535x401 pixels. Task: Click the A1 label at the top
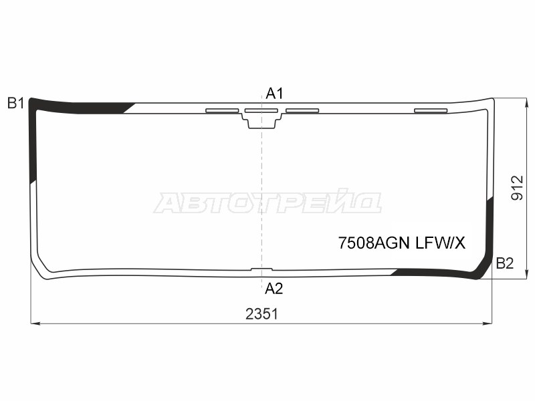(x=274, y=93)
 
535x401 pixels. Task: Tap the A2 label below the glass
(x=274, y=289)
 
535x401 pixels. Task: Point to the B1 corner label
(x=15, y=103)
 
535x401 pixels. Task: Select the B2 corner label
(x=504, y=263)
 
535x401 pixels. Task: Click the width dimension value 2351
(x=261, y=314)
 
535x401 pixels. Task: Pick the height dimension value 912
(x=516, y=188)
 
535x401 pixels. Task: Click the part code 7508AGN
(x=370, y=244)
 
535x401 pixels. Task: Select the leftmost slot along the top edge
(x=222, y=110)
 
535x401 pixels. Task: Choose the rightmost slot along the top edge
(x=431, y=110)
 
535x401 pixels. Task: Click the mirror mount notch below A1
(x=261, y=122)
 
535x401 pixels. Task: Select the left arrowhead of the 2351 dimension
(x=35, y=323)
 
